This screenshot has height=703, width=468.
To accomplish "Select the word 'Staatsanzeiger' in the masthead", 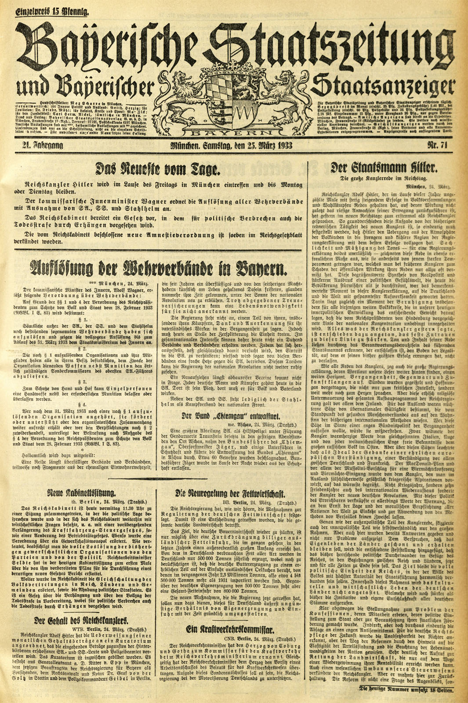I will pyautogui.click(x=382, y=86).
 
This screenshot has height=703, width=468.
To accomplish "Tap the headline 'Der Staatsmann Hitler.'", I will pyautogui.click(x=388, y=168).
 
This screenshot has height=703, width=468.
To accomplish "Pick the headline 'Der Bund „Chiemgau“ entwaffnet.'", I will pyautogui.click(x=232, y=416).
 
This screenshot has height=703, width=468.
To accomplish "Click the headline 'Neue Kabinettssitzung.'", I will pyautogui.click(x=82, y=493).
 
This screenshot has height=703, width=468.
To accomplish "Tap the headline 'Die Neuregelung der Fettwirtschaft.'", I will pyautogui.click(x=232, y=493).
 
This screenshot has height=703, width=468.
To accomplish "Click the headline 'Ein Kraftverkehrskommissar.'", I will pyautogui.click(x=232, y=629).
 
